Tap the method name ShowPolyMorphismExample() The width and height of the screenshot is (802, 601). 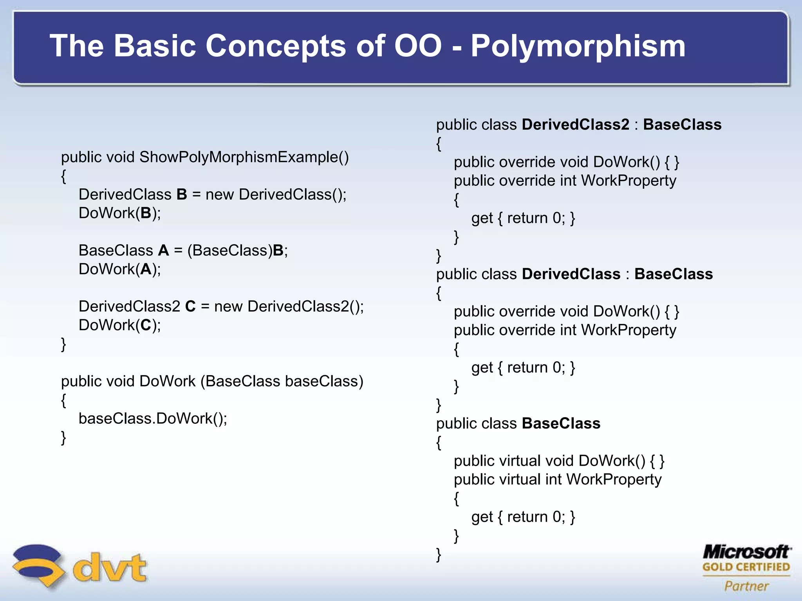tap(244, 157)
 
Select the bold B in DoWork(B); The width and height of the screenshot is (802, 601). tap(146, 213)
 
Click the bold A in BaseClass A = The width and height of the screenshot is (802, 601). tap(163, 250)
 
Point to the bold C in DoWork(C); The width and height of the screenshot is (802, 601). tap(146, 325)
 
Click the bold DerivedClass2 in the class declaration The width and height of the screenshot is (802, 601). tap(575, 124)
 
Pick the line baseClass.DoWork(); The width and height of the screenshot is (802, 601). tap(153, 419)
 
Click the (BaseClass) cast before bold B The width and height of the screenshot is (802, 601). tap(229, 250)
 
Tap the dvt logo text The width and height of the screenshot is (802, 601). tap(109, 567)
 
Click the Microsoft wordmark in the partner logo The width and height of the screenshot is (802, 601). tap(746, 552)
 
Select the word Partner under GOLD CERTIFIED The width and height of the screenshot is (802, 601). tap(746, 586)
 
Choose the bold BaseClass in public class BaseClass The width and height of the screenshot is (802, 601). tap(561, 424)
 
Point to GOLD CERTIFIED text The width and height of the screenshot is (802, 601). tap(746, 567)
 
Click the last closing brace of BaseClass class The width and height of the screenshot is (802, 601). tap(439, 555)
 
